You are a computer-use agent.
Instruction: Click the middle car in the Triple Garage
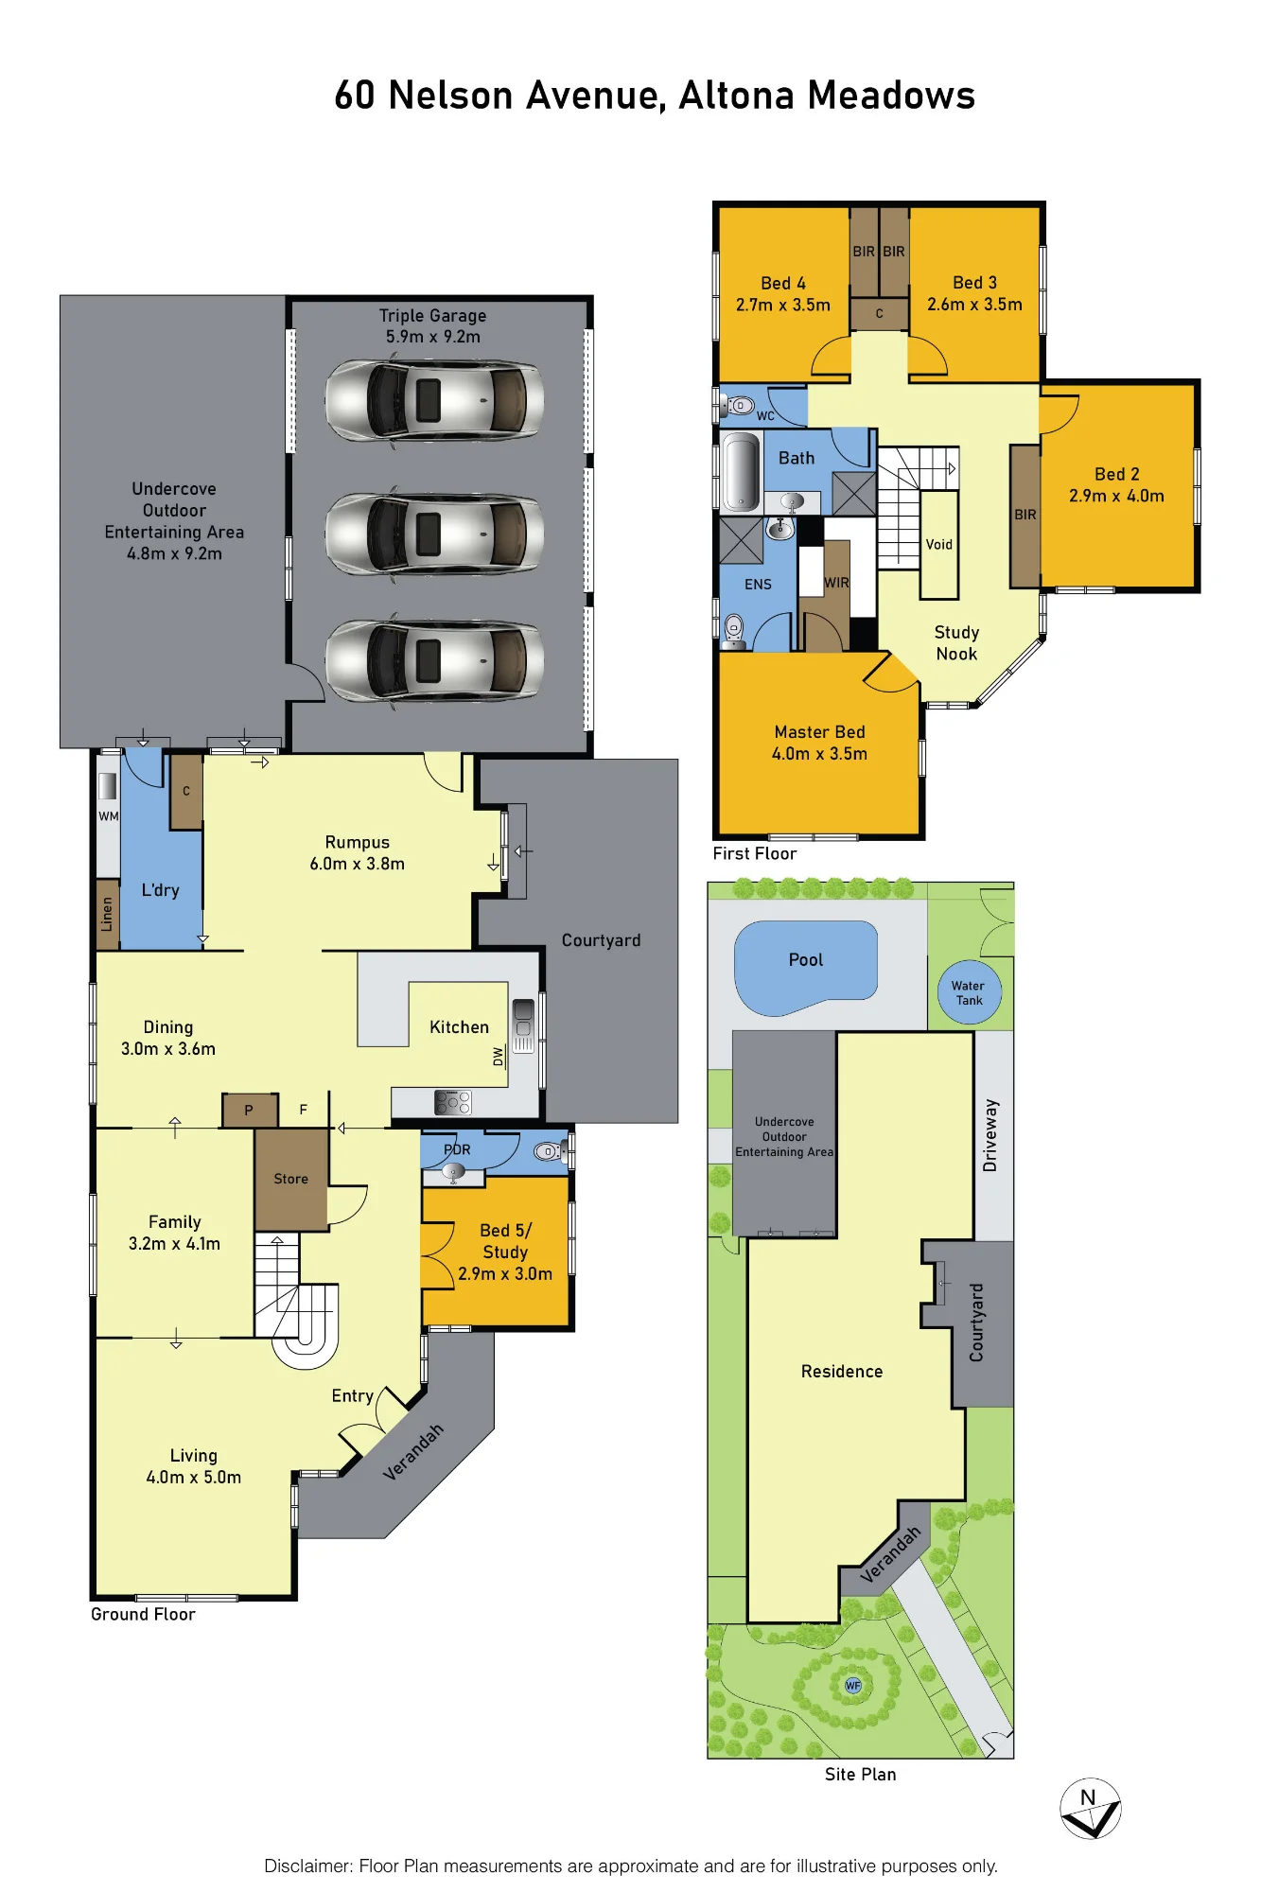pyautogui.click(x=434, y=534)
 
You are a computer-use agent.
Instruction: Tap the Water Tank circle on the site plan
pyautogui.click(x=969, y=991)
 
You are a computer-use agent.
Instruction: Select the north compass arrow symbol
pyautogui.click(x=1090, y=1808)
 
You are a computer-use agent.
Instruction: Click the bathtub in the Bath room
pyautogui.click(x=741, y=471)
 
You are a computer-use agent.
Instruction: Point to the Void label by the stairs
pyautogui.click(x=938, y=544)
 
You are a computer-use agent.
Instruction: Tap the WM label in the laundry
pyautogui.click(x=109, y=815)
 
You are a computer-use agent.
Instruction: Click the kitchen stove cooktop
pyautogui.click(x=453, y=1102)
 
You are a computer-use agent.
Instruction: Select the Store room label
pyautogui.click(x=291, y=1179)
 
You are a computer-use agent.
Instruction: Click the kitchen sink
pyautogui.click(x=523, y=1025)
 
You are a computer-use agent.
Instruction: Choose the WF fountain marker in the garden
pyautogui.click(x=853, y=1685)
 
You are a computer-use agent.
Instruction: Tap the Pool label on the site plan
pyautogui.click(x=806, y=959)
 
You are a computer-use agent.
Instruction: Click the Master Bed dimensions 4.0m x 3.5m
pyautogui.click(x=819, y=754)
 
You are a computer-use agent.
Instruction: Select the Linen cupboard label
pyautogui.click(x=107, y=914)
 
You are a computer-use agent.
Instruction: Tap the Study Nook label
pyautogui.click(x=956, y=643)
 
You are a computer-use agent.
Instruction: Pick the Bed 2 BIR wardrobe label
pyautogui.click(x=1025, y=515)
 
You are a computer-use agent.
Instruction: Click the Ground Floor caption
pyautogui.click(x=143, y=1614)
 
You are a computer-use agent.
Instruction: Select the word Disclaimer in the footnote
pyautogui.click(x=306, y=1866)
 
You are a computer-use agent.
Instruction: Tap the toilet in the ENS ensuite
pyautogui.click(x=734, y=629)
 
